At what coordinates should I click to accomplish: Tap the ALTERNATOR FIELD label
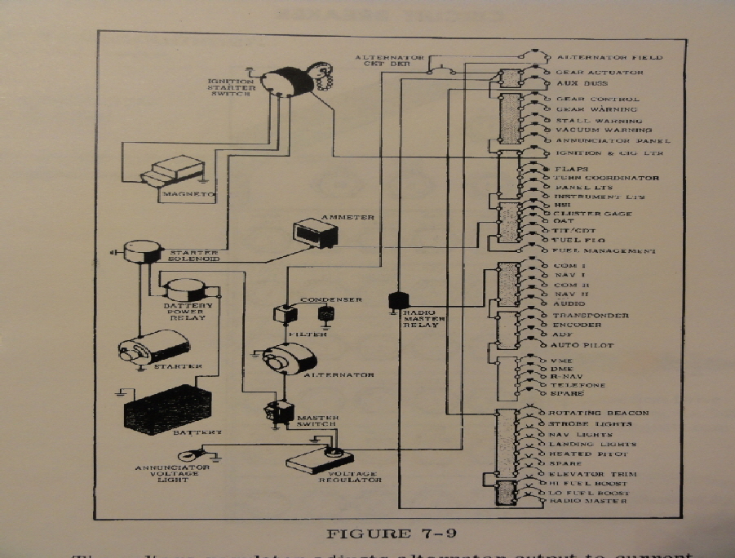609,58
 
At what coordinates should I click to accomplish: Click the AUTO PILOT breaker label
582,346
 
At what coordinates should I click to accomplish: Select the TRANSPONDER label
591,316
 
